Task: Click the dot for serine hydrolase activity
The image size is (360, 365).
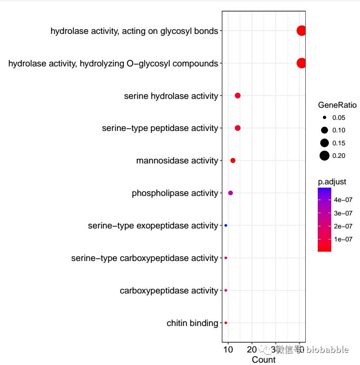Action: (238, 96)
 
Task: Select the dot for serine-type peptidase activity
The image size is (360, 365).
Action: (238, 128)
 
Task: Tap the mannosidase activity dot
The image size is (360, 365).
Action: (233, 161)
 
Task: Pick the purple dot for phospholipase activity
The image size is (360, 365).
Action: (231, 193)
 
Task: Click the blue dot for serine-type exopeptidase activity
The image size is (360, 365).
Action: (226, 226)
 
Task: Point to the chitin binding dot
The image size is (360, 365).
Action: (226, 323)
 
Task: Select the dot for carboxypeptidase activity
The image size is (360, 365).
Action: (226, 290)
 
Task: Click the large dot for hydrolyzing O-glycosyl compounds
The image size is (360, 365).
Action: (301, 63)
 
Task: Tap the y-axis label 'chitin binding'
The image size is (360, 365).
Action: (192, 323)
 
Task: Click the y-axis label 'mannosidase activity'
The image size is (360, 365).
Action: (177, 161)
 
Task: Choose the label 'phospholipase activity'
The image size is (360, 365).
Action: (174, 193)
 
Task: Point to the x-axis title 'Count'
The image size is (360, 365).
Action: (264, 360)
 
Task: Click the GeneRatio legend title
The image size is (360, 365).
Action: (337, 105)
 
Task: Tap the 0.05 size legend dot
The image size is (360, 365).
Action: (324, 118)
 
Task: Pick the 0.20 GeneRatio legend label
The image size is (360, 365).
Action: (339, 156)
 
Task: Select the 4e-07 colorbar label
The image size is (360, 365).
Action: (343, 200)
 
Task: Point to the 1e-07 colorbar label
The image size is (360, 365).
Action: (343, 239)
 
